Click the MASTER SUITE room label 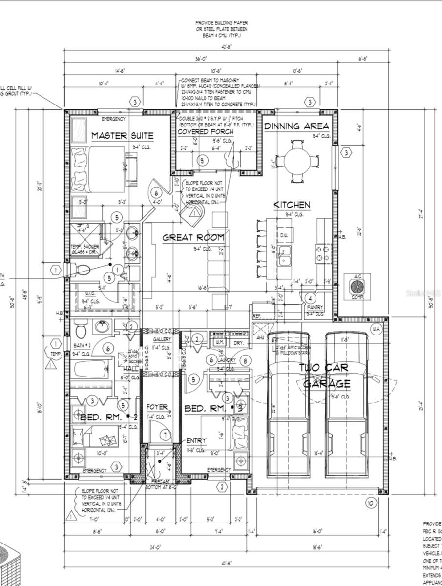[122, 135]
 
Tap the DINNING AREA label [296, 126]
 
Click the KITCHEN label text [291, 205]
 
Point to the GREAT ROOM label [193, 238]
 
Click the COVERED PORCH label [205, 132]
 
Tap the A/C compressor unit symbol [358, 285]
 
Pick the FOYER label [157, 407]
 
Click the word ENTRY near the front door [196, 440]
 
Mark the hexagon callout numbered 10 [369, 503]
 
